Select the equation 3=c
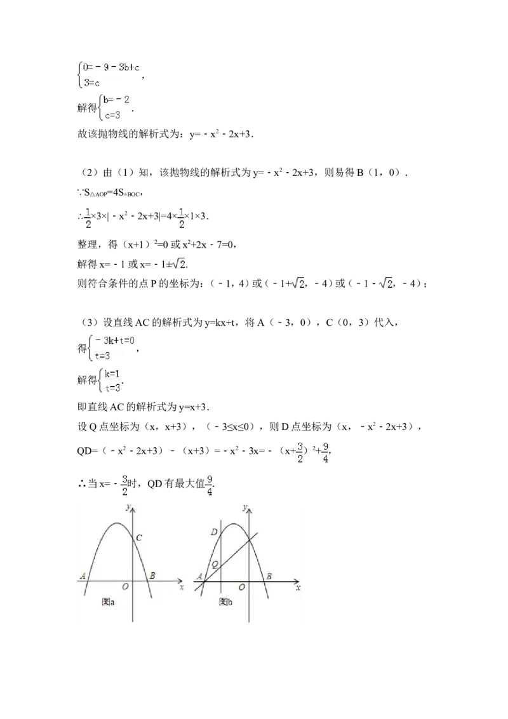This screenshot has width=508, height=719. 93,83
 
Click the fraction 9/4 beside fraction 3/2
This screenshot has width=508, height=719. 325,452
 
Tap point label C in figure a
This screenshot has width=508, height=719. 140,538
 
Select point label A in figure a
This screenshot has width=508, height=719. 83,576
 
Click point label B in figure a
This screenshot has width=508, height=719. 152,576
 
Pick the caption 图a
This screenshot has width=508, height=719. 108,601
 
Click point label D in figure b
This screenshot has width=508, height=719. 214,532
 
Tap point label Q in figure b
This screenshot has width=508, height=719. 215,564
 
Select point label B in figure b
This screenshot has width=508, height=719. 269,576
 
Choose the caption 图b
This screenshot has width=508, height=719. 225,601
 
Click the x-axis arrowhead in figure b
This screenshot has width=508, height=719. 297,581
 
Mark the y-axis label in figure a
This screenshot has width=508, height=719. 128,506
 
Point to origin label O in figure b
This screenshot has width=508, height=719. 241,587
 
